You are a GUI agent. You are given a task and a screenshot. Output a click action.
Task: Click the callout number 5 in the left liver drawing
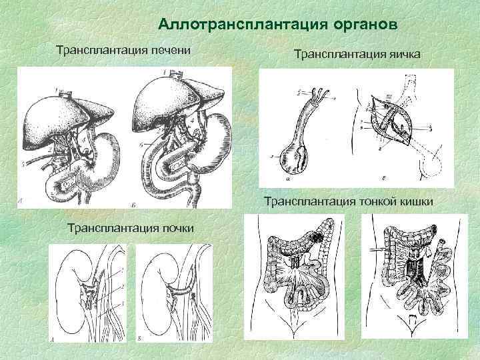pos(24,163)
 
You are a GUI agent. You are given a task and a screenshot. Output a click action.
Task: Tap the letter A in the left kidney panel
pos(53,338)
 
